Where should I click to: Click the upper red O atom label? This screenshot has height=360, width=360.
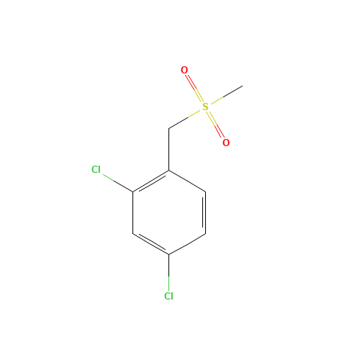(x=184, y=70)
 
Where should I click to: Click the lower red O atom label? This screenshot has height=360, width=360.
(x=226, y=143)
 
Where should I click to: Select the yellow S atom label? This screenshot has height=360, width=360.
(x=205, y=107)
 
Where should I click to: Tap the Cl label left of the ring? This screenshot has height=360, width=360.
(x=96, y=169)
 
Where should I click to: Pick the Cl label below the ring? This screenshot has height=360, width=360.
(x=168, y=296)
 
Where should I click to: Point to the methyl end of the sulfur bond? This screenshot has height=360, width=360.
(x=243, y=86)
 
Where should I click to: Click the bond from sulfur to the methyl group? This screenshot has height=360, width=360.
(x=227, y=95)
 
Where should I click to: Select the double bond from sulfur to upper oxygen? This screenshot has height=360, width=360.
(x=194, y=89)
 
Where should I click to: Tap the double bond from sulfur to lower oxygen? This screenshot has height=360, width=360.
(x=215, y=125)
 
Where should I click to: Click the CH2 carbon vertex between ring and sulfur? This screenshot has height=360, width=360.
(x=168, y=128)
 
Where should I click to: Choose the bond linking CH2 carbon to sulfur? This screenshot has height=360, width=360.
(x=184, y=119)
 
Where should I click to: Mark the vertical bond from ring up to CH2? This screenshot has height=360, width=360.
(x=168, y=149)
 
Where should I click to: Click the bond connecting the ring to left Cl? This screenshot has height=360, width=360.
(x=118, y=183)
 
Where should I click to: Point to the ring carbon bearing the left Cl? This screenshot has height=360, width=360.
(x=133, y=192)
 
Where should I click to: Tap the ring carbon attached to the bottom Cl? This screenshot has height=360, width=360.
(x=168, y=254)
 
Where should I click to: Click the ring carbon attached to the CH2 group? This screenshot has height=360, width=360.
(x=168, y=171)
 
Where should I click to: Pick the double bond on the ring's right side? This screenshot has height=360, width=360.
(x=204, y=212)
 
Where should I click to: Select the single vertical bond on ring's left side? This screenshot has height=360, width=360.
(x=133, y=212)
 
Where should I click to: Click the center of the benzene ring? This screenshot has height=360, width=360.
(x=169, y=212)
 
